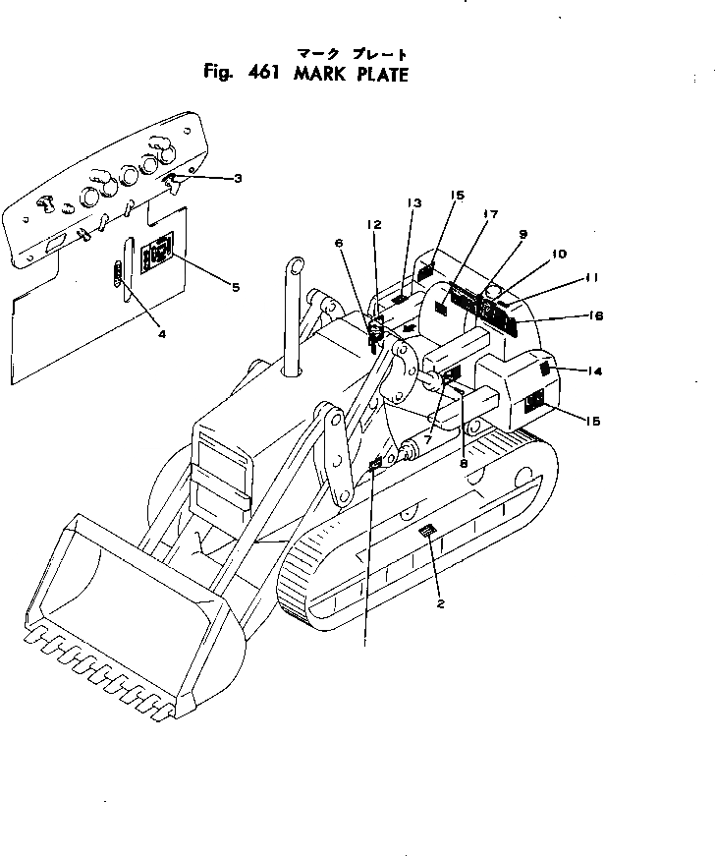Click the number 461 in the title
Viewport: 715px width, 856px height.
(x=257, y=73)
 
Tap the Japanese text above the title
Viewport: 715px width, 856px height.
(x=351, y=53)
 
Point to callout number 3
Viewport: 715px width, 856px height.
(x=238, y=178)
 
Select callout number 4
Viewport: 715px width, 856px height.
(x=162, y=333)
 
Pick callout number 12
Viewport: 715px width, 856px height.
(x=374, y=224)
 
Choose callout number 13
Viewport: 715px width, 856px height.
(x=413, y=202)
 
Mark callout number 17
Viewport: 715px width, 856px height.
(x=491, y=213)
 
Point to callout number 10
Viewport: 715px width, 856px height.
(x=559, y=254)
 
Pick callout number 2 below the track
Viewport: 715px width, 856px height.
(x=440, y=604)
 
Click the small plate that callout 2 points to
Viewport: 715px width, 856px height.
(x=425, y=532)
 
